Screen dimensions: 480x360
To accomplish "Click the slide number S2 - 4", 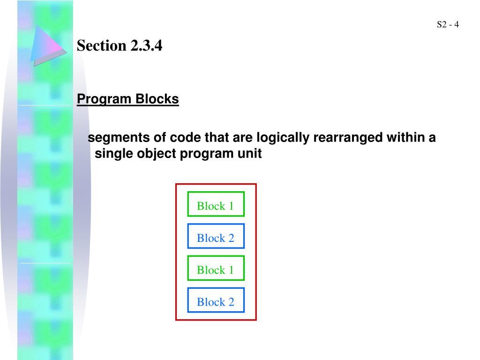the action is point(447,25).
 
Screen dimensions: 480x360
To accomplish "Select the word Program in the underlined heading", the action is point(105,99).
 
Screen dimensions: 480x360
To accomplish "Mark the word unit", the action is point(250,154).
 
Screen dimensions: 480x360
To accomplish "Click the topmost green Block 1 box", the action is point(216,204).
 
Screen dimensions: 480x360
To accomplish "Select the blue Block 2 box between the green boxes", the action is point(216,236).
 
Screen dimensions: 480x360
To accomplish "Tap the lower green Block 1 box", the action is point(216,268).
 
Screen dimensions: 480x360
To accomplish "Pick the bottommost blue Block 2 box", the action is point(216,300).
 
